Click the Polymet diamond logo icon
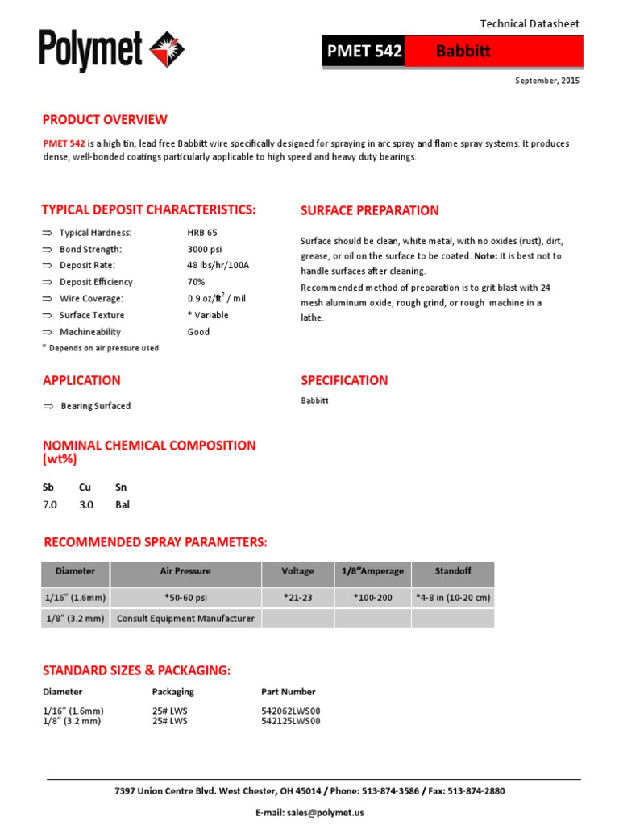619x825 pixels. tap(168, 50)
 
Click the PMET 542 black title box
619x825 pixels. tap(364, 52)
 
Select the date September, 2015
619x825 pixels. tap(547, 81)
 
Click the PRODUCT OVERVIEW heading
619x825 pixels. tap(105, 120)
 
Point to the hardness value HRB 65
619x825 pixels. tap(202, 233)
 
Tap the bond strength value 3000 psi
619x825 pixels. tap(205, 249)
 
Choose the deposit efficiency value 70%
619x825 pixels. tap(196, 282)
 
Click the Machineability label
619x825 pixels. tap(90, 332)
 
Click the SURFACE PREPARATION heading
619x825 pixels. tap(369, 211)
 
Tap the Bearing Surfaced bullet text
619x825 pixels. tap(95, 406)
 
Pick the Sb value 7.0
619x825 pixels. tap(50, 505)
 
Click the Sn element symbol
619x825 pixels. tap(121, 487)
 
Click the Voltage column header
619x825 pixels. tap(297, 571)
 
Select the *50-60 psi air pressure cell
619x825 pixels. tap(185, 598)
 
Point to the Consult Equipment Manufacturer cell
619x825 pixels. tap(185, 619)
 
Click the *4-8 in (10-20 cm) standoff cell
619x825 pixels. tap(452, 598)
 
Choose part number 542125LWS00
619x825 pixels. tap(291, 722)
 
